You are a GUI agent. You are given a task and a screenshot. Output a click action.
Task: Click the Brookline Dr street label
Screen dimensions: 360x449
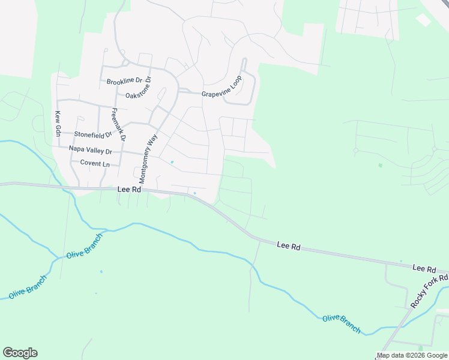pyautogui.click(x=128, y=81)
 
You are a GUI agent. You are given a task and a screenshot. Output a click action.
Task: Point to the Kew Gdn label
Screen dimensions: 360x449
pyautogui.click(x=58, y=122)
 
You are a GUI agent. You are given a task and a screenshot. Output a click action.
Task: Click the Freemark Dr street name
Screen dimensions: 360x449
pyautogui.click(x=118, y=124)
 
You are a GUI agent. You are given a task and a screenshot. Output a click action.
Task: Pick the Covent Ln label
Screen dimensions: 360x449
pyautogui.click(x=91, y=164)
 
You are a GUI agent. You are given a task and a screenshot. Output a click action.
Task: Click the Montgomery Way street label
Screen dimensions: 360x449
pyautogui.click(x=148, y=158)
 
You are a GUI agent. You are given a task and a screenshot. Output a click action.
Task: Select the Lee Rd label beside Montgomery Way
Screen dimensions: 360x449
pyautogui.click(x=128, y=189)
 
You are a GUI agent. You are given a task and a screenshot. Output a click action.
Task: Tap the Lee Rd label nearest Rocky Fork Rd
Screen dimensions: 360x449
pyautogui.click(x=423, y=268)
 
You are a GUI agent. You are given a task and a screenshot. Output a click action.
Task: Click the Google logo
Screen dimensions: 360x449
pyautogui.click(x=20, y=352)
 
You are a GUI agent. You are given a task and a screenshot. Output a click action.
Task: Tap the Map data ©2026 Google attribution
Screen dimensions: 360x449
pyautogui.click(x=412, y=355)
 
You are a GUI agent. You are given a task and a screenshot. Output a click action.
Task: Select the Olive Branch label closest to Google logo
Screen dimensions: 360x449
pyautogui.click(x=27, y=287)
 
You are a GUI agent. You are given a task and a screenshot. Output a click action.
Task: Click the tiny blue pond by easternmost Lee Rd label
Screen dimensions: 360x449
pyautogui.click(x=400, y=261)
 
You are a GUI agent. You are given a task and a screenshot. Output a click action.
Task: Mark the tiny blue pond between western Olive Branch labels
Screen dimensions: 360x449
pyautogui.click(x=101, y=271)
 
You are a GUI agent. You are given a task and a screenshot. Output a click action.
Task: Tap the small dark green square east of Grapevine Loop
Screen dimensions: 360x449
pyautogui.click(x=380, y=165)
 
